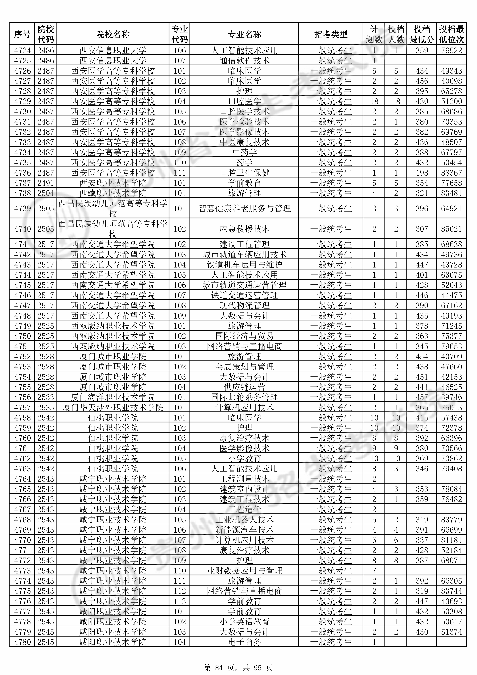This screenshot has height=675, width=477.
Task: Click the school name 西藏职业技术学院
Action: pos(113,193)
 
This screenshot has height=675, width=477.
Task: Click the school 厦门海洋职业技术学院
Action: pos(113,397)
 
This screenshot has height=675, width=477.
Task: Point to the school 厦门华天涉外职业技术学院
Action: pos(113,408)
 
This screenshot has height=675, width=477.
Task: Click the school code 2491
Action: pos(46,183)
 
